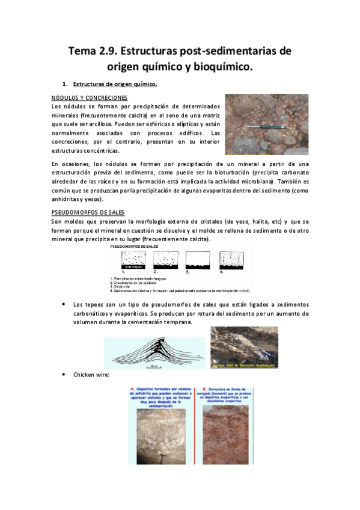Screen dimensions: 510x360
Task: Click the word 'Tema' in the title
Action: pos(86,51)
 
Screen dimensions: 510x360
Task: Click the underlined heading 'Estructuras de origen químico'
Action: pos(115,83)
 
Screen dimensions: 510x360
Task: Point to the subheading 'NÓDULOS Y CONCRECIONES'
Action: pos(89,97)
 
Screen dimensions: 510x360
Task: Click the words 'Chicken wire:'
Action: pos(91,375)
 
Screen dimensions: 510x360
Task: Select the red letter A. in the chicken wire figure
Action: pos(132,389)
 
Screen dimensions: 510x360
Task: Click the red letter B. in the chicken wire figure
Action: pos(206,389)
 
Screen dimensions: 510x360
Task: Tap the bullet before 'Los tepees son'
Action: pos(64,306)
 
